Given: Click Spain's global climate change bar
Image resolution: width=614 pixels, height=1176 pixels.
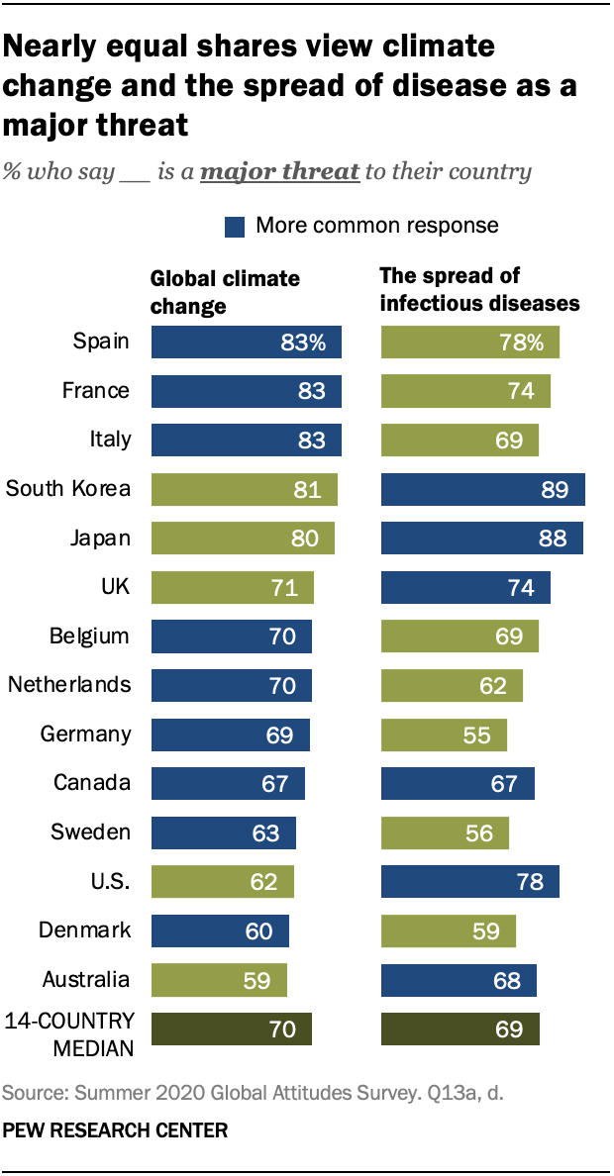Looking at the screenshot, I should (x=246, y=342).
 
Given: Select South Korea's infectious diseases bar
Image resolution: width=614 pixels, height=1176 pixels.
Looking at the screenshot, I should (x=483, y=489).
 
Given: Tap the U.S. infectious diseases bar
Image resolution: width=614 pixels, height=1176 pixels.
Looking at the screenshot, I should (x=470, y=881).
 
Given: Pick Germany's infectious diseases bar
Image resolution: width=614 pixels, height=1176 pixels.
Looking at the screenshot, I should (x=445, y=735).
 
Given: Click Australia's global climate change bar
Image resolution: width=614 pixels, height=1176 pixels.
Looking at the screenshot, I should (x=219, y=980).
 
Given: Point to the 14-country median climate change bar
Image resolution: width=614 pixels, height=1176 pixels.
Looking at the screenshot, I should (x=231, y=1029).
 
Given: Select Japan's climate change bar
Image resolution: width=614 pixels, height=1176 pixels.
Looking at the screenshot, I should (x=243, y=539).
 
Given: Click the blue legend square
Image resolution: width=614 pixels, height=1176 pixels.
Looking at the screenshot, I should (x=235, y=227).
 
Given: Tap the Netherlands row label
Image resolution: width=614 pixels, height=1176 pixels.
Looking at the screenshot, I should (x=68, y=685).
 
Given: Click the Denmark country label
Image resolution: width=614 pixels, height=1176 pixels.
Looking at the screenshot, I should (x=84, y=931).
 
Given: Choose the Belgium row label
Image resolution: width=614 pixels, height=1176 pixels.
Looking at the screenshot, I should (x=89, y=636).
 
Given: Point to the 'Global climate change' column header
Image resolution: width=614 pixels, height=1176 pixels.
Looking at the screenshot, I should (x=225, y=291).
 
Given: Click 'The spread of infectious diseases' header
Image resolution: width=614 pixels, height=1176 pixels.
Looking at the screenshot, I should (x=479, y=289).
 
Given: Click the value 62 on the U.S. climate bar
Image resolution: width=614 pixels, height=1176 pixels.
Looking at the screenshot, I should (x=264, y=882).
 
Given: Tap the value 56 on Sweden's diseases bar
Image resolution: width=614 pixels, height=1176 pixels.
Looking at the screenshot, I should (x=479, y=833).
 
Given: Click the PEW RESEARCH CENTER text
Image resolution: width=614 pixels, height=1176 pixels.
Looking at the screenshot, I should (x=115, y=1129).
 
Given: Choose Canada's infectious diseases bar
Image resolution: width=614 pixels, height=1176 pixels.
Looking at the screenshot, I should (x=459, y=783).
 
